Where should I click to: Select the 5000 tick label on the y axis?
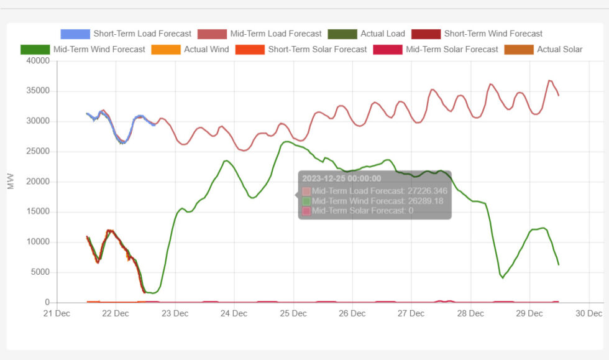(39, 272)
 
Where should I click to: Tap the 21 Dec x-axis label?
(57, 313)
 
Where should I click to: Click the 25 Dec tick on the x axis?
(293, 313)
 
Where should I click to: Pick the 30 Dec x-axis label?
(589, 313)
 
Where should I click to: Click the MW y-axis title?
(11, 182)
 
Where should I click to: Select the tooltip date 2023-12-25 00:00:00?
(341, 179)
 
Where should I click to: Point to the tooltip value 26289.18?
(422, 201)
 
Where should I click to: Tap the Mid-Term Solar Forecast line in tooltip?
(362, 211)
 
